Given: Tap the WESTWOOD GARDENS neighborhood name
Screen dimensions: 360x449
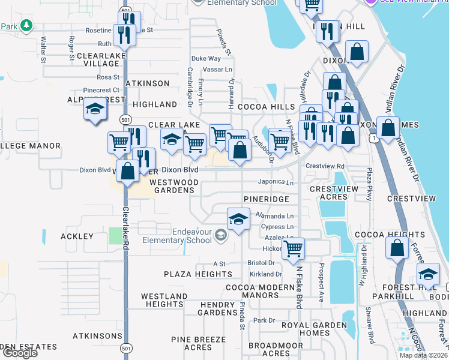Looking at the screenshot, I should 172,186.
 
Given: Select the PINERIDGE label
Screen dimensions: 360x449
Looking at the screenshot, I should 267,199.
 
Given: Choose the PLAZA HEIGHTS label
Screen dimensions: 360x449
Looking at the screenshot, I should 198,274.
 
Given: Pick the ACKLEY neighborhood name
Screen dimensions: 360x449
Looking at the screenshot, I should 77,236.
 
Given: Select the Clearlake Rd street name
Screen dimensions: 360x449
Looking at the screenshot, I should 126,228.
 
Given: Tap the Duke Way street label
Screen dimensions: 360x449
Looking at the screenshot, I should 206,59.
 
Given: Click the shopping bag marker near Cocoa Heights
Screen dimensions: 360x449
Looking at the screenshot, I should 397,247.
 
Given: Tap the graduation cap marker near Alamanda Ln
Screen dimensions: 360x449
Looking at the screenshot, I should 238,219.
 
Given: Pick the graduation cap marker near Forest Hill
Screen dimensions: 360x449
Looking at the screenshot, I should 428,275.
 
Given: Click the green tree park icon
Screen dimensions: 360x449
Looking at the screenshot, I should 26,26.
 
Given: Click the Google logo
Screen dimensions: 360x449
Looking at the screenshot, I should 20,353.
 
